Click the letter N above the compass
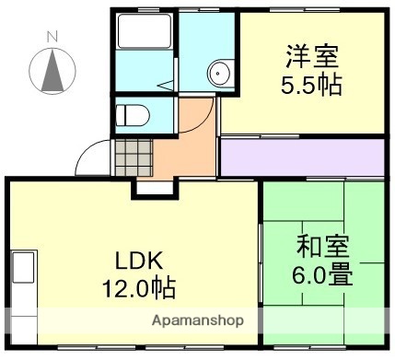[x=52, y=36]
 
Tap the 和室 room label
[x=322, y=247]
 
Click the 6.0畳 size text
[x=322, y=273]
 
